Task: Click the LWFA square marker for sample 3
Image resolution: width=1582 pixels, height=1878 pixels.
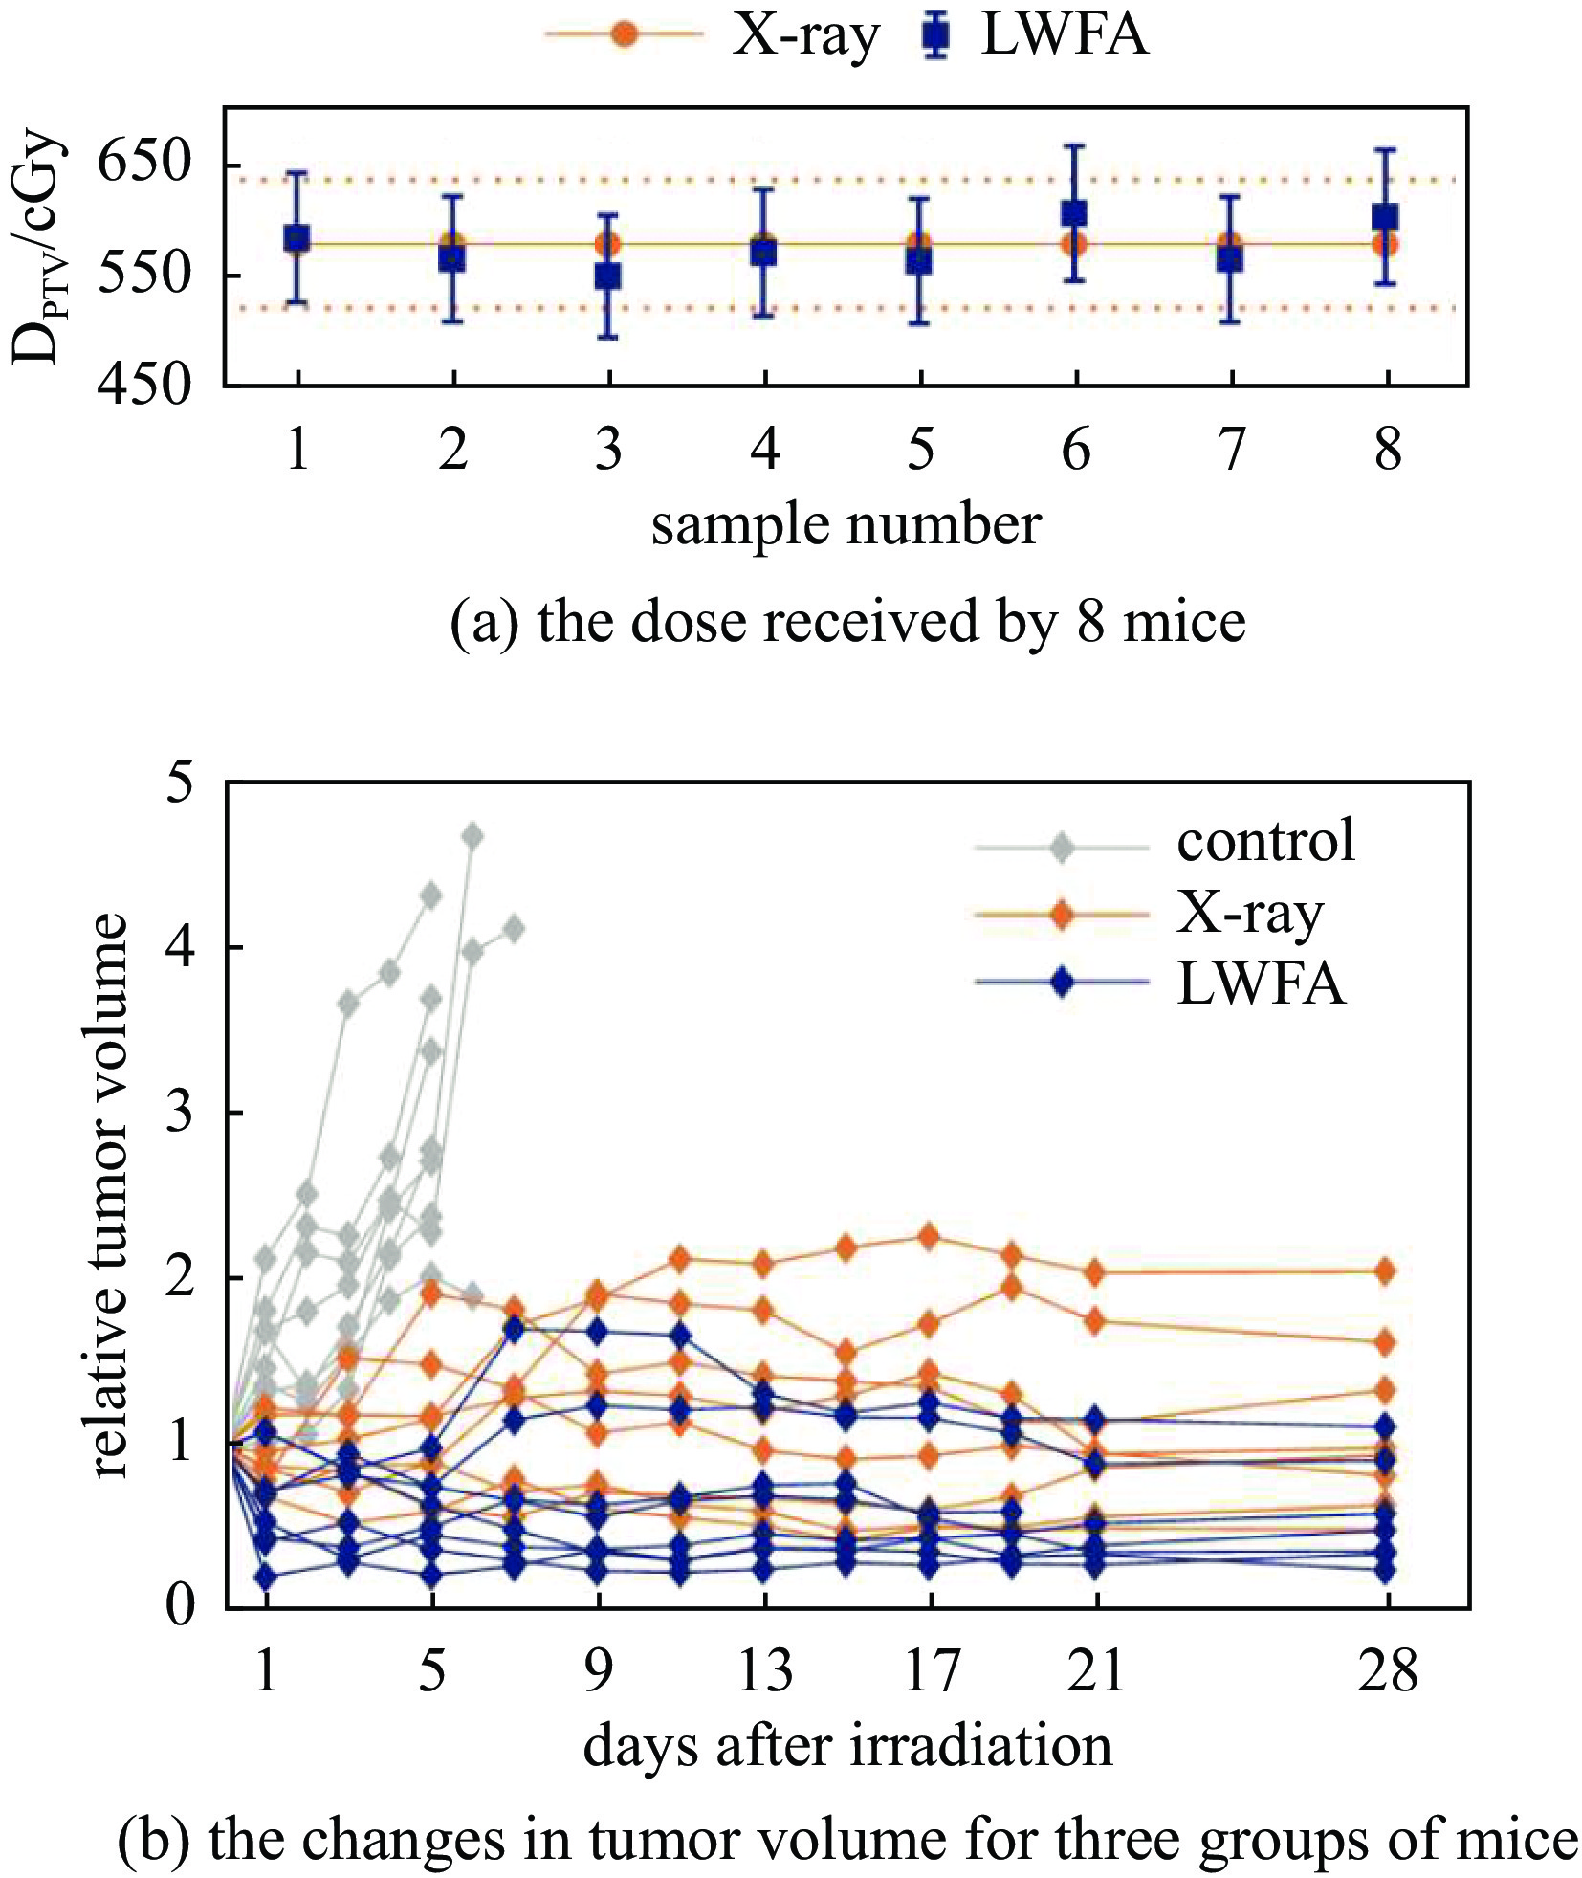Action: click(607, 276)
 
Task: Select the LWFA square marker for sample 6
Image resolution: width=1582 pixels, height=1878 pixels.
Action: click(1075, 213)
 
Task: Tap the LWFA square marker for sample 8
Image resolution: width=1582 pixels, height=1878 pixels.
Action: click(1386, 216)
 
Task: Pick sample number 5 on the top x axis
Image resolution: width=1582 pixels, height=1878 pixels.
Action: click(919, 449)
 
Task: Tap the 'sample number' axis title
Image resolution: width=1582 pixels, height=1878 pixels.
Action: click(846, 525)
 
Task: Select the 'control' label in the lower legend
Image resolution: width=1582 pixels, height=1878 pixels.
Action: click(1265, 840)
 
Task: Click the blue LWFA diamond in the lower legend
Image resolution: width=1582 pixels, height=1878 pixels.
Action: click(1061, 983)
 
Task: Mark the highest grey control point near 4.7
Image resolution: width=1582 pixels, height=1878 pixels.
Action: click(472, 836)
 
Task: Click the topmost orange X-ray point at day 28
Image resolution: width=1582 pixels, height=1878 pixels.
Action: click(1385, 1270)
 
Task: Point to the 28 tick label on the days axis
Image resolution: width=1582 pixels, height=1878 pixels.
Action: click(1386, 1672)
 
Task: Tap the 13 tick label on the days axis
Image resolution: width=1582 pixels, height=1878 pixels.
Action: click(764, 1672)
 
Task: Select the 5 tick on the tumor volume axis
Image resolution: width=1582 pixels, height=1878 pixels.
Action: click(179, 784)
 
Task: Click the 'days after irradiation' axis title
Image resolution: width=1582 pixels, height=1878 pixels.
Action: click(847, 1746)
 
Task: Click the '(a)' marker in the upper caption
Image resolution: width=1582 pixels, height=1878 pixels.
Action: click(485, 622)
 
